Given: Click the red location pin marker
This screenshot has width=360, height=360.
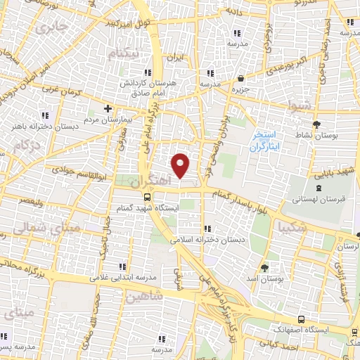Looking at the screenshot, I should click(x=181, y=165).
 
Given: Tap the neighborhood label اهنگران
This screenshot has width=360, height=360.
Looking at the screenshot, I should click(x=150, y=181).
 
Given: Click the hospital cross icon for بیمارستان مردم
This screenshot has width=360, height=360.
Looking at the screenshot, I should click(x=108, y=108).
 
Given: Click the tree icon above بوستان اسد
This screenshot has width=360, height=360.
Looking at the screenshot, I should click(x=264, y=267).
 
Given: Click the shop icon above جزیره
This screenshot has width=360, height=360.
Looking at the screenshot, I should click(x=241, y=79).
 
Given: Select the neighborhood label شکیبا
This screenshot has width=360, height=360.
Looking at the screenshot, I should click(x=292, y=228).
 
